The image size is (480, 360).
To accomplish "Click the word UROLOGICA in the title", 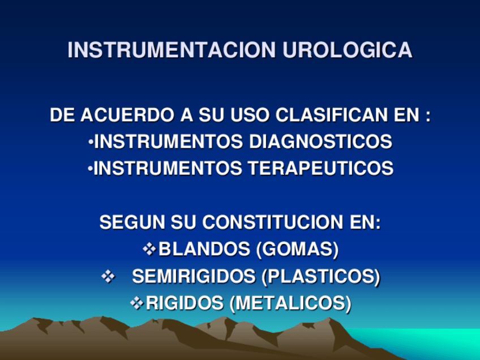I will tap(347, 50).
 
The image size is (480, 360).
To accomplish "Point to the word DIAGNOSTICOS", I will tap(320, 142).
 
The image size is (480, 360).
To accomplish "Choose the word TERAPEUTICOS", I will tap(320, 169).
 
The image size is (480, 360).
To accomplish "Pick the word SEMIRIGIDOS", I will tap(194, 277).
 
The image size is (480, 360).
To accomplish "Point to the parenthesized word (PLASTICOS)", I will tap(320, 277).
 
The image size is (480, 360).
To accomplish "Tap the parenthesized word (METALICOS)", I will tap(290, 303).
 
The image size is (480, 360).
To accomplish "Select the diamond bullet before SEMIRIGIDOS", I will tap(107, 277).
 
